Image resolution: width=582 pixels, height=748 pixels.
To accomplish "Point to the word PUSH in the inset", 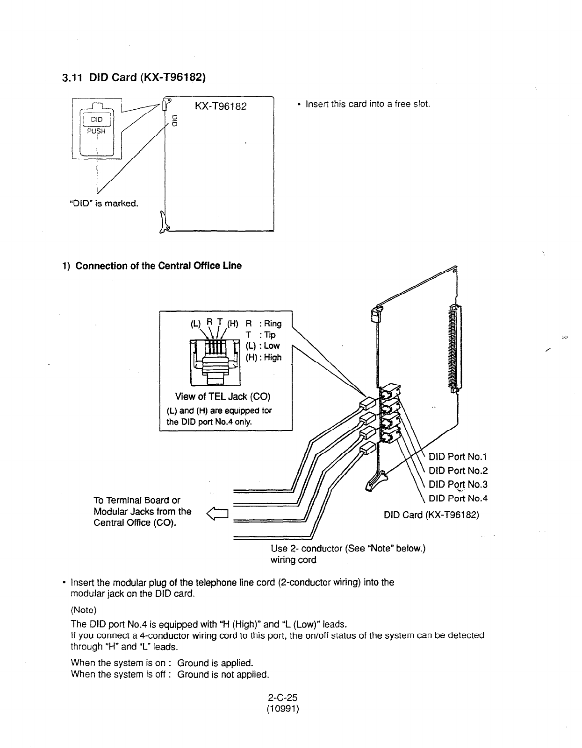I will tap(97, 130).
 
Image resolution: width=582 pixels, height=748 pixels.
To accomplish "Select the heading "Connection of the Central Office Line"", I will tap(158, 266).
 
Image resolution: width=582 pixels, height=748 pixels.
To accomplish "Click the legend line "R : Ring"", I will tap(264, 324).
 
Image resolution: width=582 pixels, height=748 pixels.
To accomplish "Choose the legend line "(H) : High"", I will tap(264, 357).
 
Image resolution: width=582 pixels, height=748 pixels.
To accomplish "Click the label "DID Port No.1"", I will tap(458, 456).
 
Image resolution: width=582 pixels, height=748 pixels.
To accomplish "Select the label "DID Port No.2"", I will tap(458, 470).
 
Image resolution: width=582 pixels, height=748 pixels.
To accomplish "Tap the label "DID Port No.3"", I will tap(458, 484).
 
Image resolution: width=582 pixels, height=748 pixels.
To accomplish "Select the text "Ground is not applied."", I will tap(223, 675).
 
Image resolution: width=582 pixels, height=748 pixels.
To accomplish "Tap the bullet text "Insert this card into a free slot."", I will tap(367, 104).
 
